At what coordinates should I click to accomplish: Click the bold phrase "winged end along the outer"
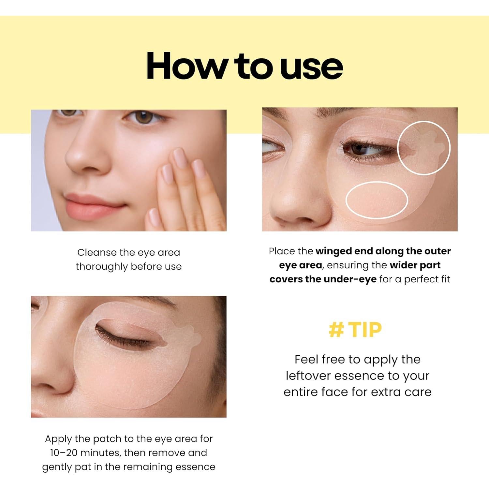[x=383, y=251]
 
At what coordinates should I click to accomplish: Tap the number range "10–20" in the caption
[x=64, y=453]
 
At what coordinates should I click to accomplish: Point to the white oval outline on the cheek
[x=377, y=199]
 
